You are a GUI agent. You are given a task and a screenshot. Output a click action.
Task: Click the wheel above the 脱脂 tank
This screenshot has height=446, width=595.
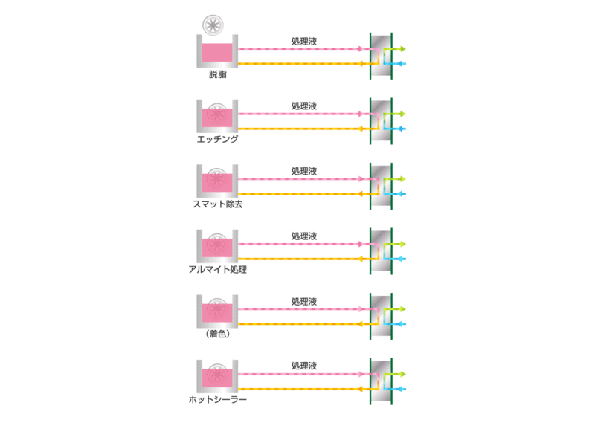click(213, 25)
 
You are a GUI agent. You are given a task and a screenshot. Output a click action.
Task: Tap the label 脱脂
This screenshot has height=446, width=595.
click(217, 74)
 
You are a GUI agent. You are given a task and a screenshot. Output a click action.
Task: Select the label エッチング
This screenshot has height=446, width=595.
click(217, 139)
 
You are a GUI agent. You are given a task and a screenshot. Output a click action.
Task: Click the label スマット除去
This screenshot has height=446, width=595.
click(217, 204)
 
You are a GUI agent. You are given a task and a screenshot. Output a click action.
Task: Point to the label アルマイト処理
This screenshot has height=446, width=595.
click(217, 269)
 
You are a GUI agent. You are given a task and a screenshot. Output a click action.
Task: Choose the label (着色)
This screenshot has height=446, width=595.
click(217, 334)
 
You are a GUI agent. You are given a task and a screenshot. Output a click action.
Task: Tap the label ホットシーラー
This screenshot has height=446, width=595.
click(217, 399)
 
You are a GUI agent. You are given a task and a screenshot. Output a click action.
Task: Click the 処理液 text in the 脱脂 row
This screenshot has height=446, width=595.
click(304, 42)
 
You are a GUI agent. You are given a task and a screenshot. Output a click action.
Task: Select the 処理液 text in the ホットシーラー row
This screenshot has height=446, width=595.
click(304, 366)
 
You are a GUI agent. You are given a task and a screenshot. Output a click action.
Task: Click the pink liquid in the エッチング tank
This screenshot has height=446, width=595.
click(217, 118)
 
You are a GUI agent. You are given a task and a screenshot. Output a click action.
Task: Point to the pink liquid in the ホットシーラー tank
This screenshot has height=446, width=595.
click(217, 378)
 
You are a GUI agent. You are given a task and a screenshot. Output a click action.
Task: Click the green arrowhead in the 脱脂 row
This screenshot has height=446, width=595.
click(403, 48)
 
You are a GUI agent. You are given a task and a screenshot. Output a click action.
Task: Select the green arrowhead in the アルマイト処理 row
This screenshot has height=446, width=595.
click(403, 244)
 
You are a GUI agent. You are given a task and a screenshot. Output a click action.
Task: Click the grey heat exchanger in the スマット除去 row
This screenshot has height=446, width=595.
click(381, 186)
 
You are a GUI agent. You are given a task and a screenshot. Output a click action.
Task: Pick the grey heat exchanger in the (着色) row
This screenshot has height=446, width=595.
click(381, 316)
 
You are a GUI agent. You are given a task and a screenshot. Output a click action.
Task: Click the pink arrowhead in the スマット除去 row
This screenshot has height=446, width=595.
click(361, 178)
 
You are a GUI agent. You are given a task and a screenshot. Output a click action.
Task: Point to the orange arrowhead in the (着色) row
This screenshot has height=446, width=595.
click(361, 324)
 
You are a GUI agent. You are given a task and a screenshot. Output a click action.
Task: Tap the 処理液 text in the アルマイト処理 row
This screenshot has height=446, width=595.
click(304, 236)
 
